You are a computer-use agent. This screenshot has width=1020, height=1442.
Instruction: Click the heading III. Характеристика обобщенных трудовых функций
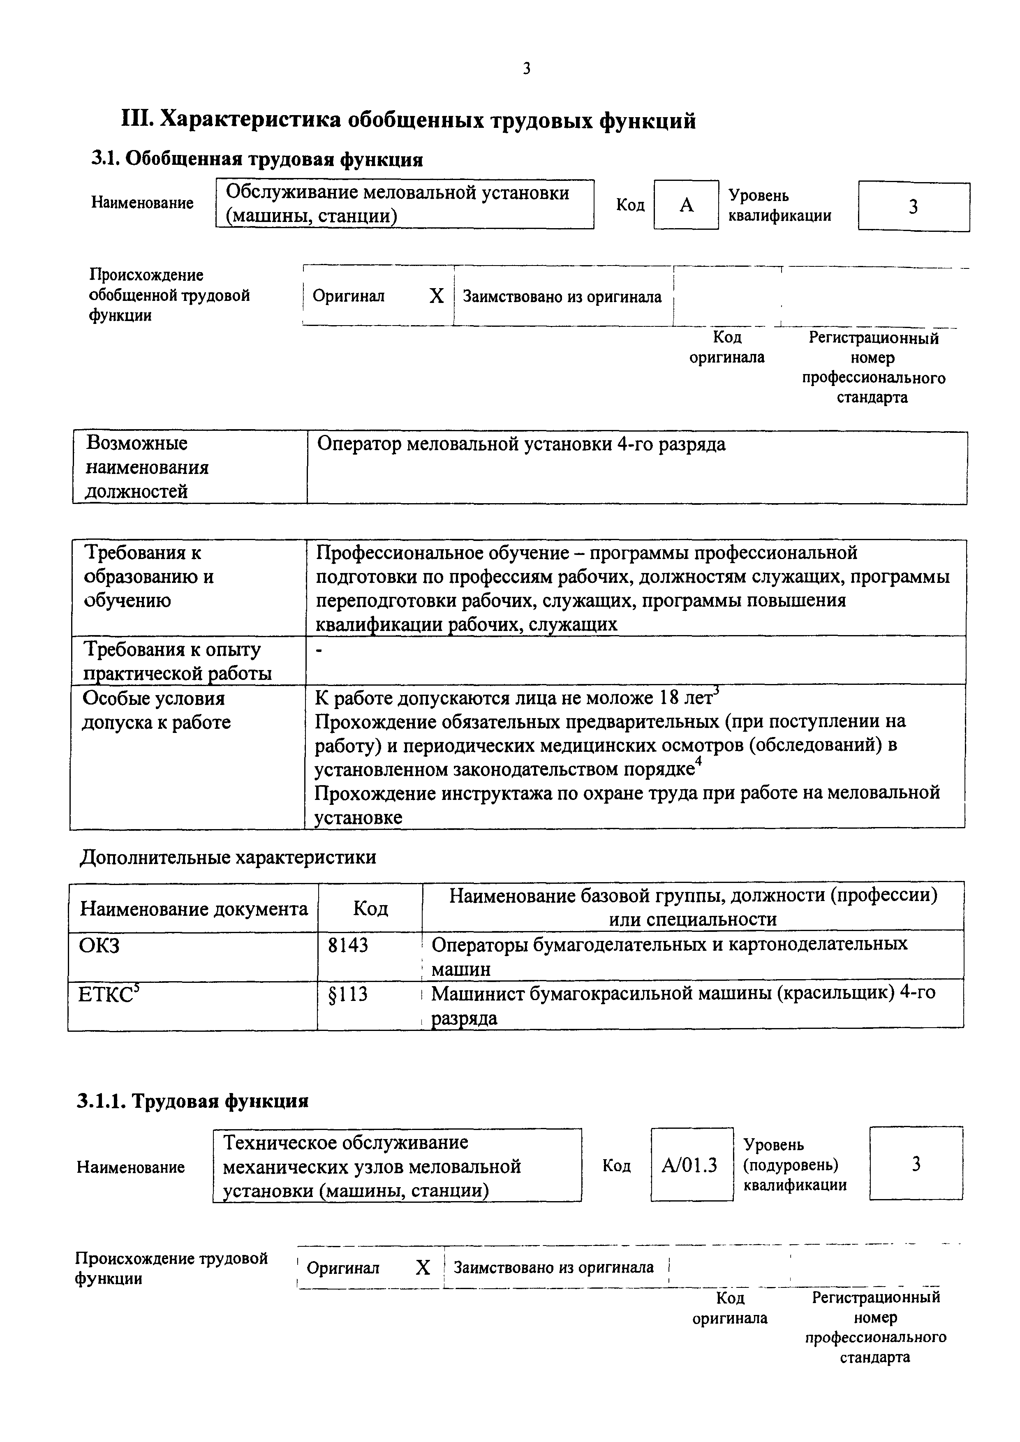click(x=408, y=119)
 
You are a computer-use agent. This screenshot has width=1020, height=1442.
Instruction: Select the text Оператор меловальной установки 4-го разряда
click(x=521, y=445)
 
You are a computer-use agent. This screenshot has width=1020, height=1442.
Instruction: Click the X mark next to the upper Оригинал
click(x=436, y=296)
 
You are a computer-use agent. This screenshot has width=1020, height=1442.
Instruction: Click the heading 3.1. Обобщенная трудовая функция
click(x=257, y=159)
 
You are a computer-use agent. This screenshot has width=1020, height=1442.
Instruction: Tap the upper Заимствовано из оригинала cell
click(x=562, y=296)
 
